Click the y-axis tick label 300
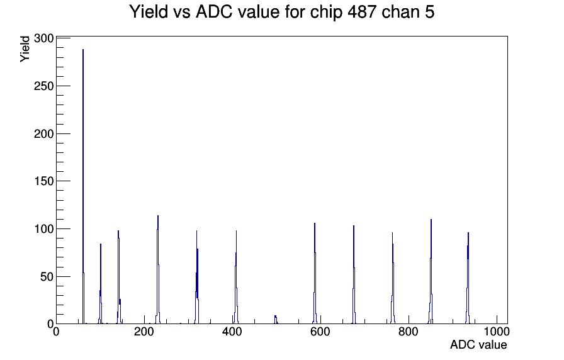pyautogui.click(x=44, y=38)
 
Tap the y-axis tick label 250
pyautogui.click(x=44, y=86)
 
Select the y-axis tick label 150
pyautogui.click(x=44, y=181)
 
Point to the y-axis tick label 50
pyautogui.click(x=47, y=276)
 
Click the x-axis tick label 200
pyautogui.click(x=144, y=332)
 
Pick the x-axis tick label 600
pyautogui.click(x=320, y=332)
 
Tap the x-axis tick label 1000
pyautogui.click(x=497, y=332)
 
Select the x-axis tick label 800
pyautogui.click(x=409, y=332)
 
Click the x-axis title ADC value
pyautogui.click(x=478, y=345)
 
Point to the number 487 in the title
pyautogui.click(x=364, y=12)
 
